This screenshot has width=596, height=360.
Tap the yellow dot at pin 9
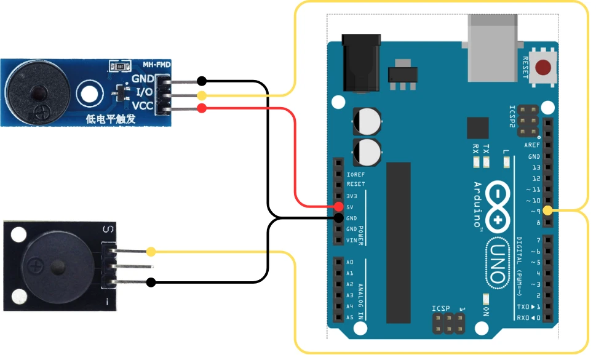(548, 211)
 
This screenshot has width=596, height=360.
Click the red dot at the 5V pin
(339, 206)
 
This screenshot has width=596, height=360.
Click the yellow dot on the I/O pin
(201, 95)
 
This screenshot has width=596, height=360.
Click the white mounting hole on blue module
(90, 94)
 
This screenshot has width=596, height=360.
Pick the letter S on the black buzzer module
(108, 230)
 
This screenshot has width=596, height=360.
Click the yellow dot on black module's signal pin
(151, 252)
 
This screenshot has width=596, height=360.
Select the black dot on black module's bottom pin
(151, 282)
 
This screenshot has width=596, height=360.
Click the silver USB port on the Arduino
(494, 46)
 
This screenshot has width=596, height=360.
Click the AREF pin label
(533, 145)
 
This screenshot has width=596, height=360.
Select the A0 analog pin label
(350, 262)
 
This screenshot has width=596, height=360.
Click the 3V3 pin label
(352, 195)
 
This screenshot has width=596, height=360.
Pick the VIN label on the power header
(351, 240)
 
